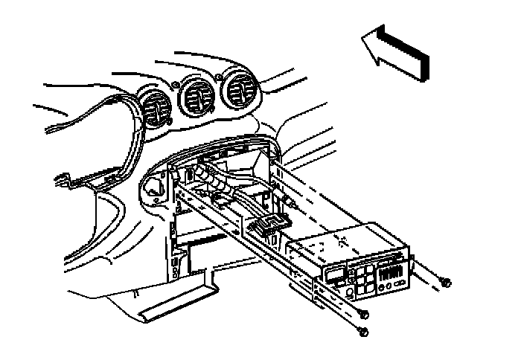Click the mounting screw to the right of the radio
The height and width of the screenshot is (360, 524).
click(446, 282)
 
